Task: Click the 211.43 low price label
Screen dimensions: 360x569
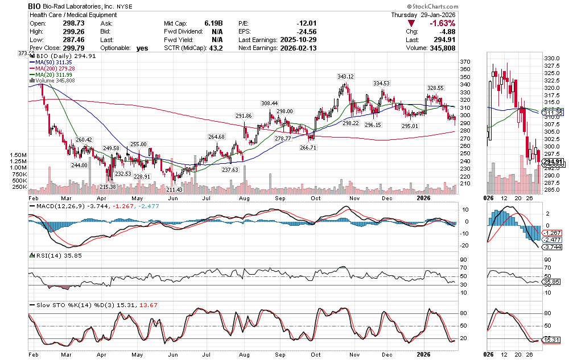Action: (x=175, y=189)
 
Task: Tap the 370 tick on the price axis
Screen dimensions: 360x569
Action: (x=465, y=62)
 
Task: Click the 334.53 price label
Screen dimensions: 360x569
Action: (x=381, y=84)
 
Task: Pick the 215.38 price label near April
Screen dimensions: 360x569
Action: (x=108, y=187)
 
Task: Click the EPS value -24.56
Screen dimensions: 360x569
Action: (x=305, y=32)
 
